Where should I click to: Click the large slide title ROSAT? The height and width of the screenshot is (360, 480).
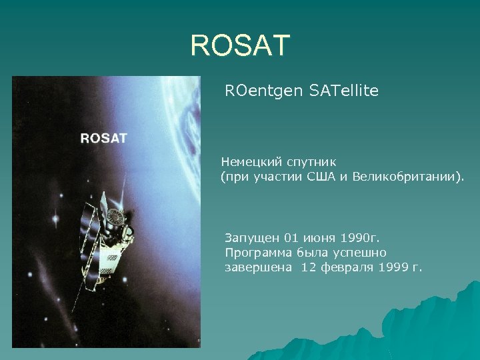pos(240,45)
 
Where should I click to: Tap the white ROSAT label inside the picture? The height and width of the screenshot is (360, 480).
pos(103,139)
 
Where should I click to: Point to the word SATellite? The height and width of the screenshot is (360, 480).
pos(344,91)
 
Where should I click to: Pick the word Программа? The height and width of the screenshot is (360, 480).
pos(259,253)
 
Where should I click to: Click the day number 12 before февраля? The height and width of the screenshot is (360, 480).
pos(308,268)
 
